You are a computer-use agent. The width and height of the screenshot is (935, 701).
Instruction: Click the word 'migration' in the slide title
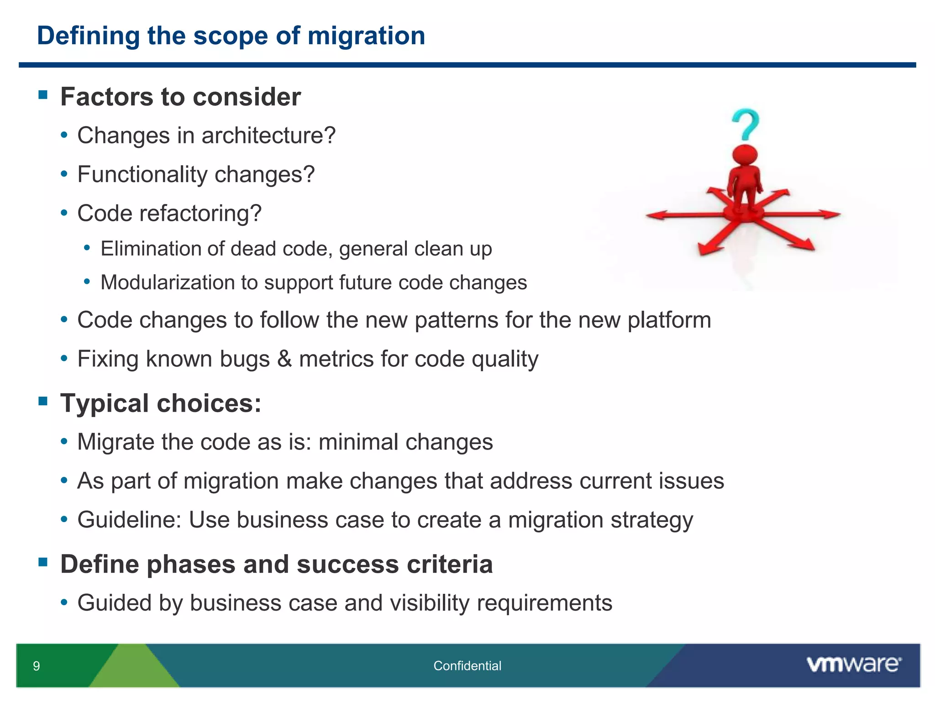(x=366, y=36)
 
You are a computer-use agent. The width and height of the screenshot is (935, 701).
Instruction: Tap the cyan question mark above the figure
(x=746, y=124)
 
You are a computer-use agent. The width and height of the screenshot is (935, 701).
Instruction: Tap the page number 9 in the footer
(x=37, y=666)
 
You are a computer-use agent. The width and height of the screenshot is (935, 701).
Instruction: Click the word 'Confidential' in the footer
(x=467, y=666)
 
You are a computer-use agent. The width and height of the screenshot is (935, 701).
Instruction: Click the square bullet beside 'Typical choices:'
(x=43, y=401)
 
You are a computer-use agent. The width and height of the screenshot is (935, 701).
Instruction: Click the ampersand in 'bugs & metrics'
(x=284, y=359)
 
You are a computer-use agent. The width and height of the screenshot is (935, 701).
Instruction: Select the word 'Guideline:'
(x=129, y=520)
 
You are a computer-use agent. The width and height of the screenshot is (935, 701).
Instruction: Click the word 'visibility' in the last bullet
(x=427, y=603)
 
